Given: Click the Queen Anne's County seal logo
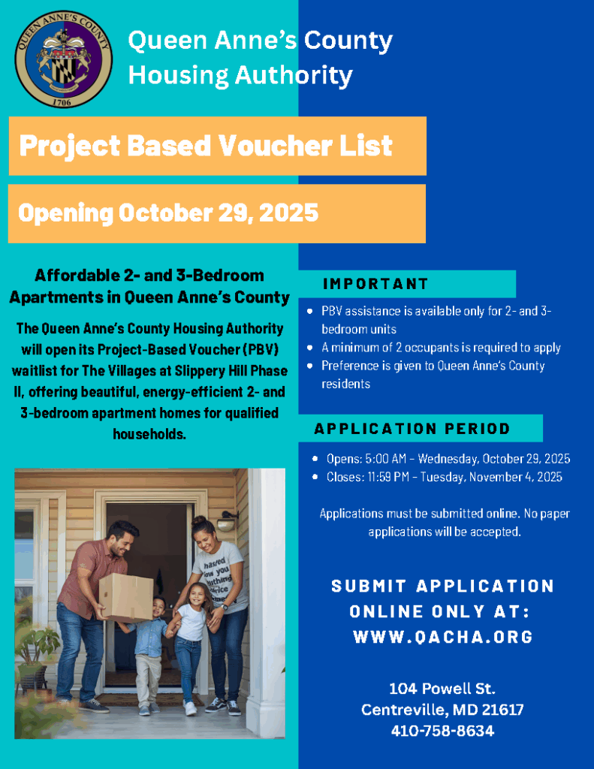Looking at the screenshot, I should click(64, 59).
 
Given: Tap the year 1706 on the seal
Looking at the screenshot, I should click(64, 100).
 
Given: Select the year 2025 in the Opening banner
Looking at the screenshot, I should click(288, 213).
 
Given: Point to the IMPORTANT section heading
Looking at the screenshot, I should click(375, 284).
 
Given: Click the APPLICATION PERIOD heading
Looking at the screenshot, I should click(412, 429).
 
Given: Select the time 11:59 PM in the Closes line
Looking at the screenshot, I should click(391, 477).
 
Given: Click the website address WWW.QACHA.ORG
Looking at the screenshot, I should click(443, 637).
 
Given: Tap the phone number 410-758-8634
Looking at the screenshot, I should click(442, 731).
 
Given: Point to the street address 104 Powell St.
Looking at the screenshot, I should click(442, 689).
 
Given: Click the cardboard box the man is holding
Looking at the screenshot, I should click(125, 596).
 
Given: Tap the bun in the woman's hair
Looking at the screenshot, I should click(198, 520).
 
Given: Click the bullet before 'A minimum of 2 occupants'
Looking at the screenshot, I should click(310, 348).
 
